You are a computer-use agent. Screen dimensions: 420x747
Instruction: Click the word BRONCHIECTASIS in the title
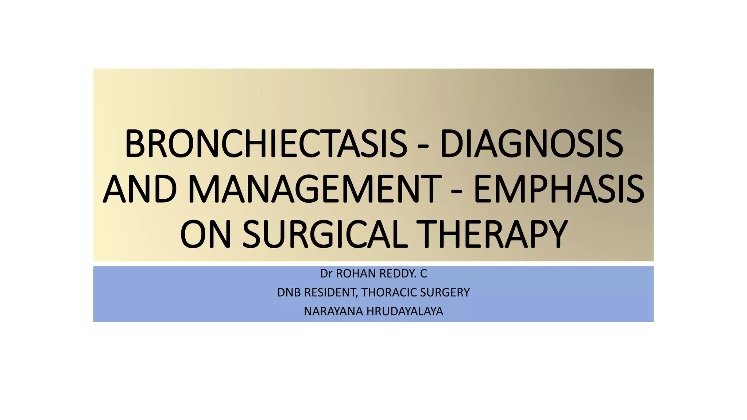[266, 144]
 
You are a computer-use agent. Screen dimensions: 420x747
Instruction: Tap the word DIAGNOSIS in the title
[531, 144]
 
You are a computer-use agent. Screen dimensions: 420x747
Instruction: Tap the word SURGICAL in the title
[325, 234]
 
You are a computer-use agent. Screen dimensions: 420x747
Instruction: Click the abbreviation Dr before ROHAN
[326, 273]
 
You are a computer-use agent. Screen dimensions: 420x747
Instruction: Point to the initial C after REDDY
[423, 273]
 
